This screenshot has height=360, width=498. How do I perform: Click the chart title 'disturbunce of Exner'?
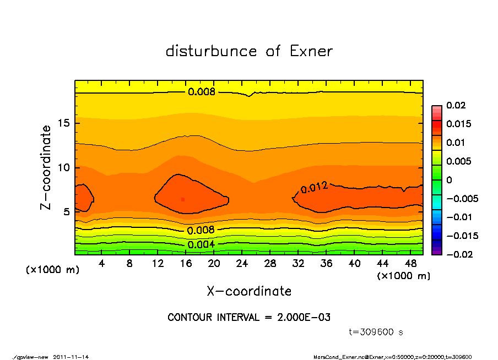tap(249, 52)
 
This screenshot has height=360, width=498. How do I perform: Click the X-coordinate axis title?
tap(249, 291)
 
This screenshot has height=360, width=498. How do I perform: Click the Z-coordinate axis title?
tap(46, 167)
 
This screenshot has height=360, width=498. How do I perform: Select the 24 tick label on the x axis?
tap(242, 264)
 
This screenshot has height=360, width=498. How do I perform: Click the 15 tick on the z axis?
tap(63, 123)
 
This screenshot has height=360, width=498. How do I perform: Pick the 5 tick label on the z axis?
tap(66, 212)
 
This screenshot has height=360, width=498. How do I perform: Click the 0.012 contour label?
tap(315, 188)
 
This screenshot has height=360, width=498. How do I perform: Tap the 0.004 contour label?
tap(201, 244)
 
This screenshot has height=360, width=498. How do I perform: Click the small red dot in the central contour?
tap(183, 199)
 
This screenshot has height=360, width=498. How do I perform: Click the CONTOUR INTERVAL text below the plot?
tap(249, 318)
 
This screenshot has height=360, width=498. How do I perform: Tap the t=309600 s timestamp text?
tap(376, 332)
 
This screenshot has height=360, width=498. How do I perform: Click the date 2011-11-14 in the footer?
tap(71, 357)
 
